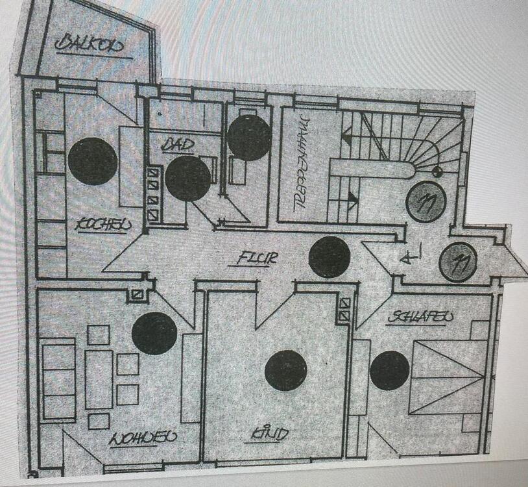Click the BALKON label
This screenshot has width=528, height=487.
tap(90, 45)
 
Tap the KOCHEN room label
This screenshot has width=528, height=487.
tap(103, 225)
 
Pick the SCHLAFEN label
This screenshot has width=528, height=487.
tap(421, 318)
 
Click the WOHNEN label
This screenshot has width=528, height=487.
tap(143, 437)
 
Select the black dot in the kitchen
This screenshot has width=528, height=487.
tap(93, 162)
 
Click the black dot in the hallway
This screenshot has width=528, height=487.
tap(330, 257)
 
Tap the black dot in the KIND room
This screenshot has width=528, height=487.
tap(285, 371)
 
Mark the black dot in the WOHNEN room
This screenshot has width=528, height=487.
tap(154, 333)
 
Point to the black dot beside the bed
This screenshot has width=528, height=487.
tap(389, 371)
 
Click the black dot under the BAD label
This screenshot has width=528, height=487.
tap(187, 179)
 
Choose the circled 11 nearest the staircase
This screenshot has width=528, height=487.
tap(426, 201)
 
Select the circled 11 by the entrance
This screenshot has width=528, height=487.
tap(458, 262)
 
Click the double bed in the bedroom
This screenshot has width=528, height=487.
tap(448, 377)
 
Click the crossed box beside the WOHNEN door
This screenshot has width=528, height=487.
tap(137, 294)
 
